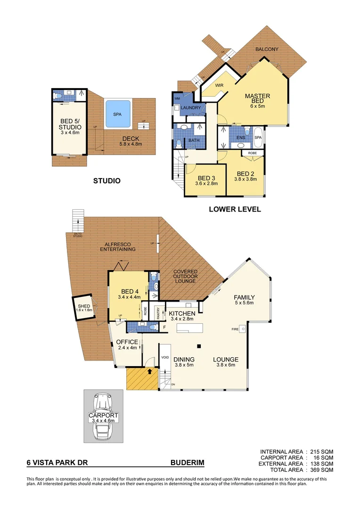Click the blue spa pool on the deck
coord(117,114)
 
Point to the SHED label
coord(84,306)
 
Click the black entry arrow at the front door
coord(150,371)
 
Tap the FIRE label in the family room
coord(234,328)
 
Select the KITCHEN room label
coord(182,313)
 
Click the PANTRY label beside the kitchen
coord(159,313)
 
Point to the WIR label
coord(219,85)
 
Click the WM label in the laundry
coord(178,98)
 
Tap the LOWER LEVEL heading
coord(235,209)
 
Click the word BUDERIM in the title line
coord(188,463)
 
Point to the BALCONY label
coord(267,49)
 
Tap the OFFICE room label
coord(127,342)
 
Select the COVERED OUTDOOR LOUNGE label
coord(185,277)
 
